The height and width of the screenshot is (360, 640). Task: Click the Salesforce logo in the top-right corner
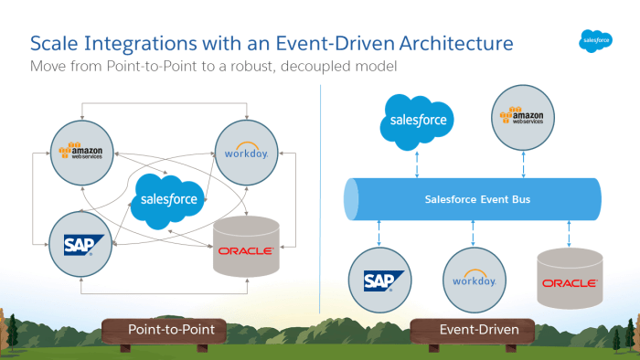(595, 39)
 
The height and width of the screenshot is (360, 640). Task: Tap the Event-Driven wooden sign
(473, 329)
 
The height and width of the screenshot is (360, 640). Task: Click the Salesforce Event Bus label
(471, 198)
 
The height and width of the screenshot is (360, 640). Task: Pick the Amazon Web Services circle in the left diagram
(81, 150)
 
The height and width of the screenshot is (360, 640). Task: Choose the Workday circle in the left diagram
(245, 150)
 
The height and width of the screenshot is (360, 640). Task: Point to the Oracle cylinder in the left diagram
(245, 247)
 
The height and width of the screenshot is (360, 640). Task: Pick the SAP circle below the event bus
(379, 280)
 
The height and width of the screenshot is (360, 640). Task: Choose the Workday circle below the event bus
(473, 280)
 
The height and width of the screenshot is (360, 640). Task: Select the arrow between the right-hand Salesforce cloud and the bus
(418, 164)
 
